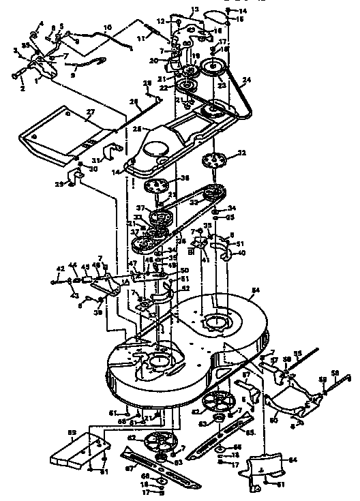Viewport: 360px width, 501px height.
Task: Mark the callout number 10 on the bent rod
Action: [x=107, y=27]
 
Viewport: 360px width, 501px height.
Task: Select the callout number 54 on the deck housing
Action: [x=256, y=291]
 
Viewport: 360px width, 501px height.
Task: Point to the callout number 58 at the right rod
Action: [x=334, y=374]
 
